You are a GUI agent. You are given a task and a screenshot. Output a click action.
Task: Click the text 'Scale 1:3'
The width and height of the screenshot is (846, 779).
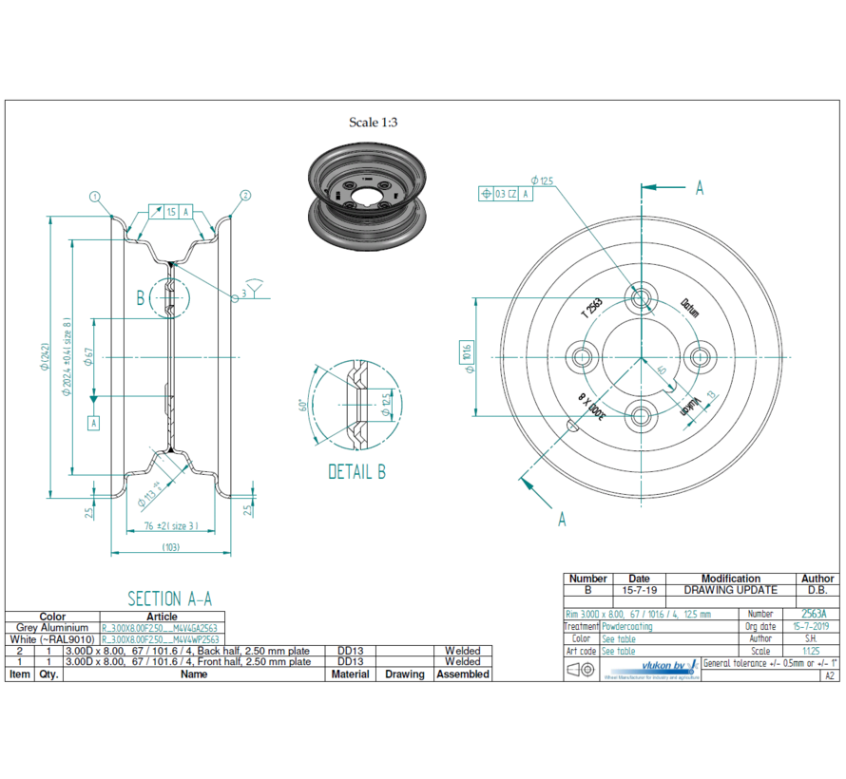(x=374, y=122)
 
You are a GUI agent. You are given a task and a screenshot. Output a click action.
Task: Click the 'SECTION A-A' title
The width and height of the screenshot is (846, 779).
(x=169, y=598)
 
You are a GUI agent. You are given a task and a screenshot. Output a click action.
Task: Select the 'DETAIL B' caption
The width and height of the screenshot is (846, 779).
(x=356, y=472)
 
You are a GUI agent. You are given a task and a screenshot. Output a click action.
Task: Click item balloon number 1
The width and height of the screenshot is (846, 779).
(x=95, y=196)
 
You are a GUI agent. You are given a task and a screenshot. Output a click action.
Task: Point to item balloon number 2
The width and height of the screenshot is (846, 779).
(x=245, y=196)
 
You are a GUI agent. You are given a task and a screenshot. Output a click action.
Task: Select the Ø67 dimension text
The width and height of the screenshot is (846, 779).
(x=88, y=356)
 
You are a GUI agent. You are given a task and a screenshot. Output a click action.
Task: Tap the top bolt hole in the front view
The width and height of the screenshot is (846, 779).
(x=642, y=297)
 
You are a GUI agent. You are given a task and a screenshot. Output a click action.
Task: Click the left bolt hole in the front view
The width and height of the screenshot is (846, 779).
(x=581, y=357)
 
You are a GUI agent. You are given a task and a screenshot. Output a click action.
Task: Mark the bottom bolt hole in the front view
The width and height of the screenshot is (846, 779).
(x=642, y=416)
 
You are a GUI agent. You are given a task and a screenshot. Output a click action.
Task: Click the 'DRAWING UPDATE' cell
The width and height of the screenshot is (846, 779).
(x=730, y=590)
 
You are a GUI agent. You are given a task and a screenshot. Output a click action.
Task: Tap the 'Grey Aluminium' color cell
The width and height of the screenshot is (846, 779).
(x=52, y=628)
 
